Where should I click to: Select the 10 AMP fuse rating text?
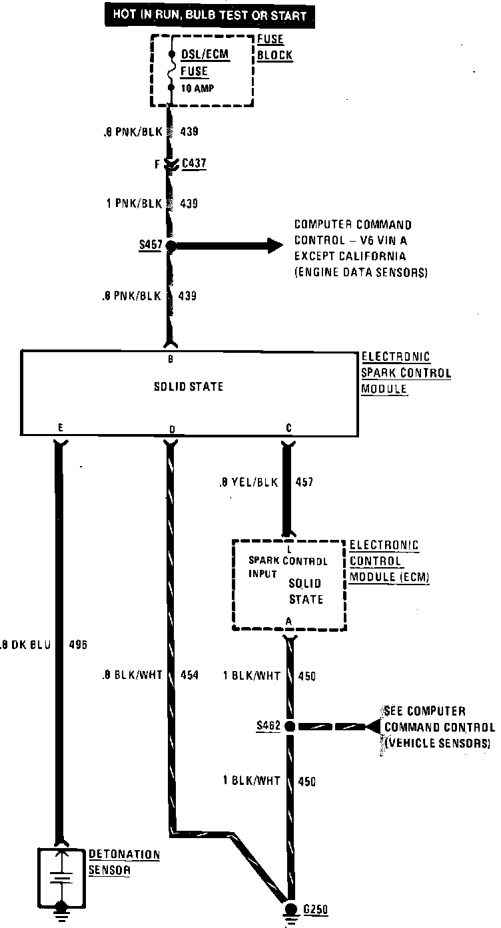pyautogui.click(x=199, y=87)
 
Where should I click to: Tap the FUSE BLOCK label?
pyautogui.click(x=274, y=47)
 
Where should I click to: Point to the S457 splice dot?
pyautogui.click(x=171, y=246)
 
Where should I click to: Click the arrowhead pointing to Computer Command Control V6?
pyautogui.click(x=273, y=246)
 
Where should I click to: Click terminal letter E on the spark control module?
pyautogui.click(x=60, y=429)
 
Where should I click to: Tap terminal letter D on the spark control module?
pyautogui.click(x=171, y=430)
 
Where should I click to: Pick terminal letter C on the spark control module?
pyautogui.click(x=288, y=429)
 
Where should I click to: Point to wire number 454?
pyautogui.click(x=190, y=675)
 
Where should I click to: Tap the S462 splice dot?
pyautogui.click(x=290, y=726)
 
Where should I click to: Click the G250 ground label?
pyautogui.click(x=316, y=909)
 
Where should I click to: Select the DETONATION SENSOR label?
pyautogui.click(x=124, y=861)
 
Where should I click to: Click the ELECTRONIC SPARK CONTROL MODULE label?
pyautogui.click(x=405, y=373)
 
